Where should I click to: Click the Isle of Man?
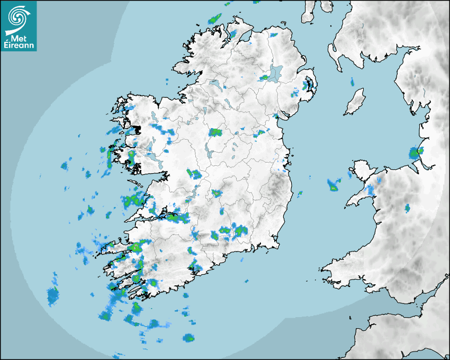point(355,102)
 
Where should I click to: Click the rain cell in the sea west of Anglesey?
point(334,185)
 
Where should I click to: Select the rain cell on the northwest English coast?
point(416,154)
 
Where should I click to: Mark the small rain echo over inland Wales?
point(407,208)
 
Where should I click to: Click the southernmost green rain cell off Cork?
point(188,338)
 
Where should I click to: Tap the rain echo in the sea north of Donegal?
point(214,19)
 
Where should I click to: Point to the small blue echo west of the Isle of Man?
point(352,82)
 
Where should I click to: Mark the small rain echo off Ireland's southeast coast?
point(300,193)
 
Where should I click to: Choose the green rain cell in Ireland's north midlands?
point(215,132)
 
